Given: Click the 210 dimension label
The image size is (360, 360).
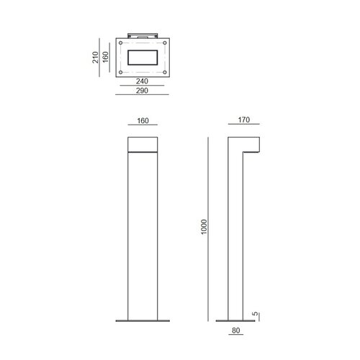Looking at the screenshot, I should point(95,57).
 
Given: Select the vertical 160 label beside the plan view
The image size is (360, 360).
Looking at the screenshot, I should point(106,57).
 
